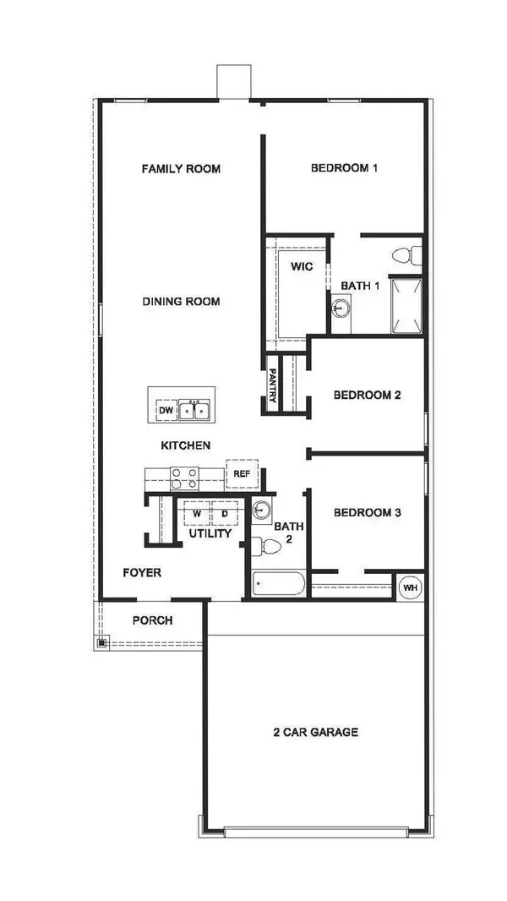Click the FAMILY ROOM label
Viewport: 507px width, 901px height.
click(180, 168)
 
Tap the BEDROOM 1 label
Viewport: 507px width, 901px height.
click(344, 167)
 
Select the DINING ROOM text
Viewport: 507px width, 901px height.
click(181, 301)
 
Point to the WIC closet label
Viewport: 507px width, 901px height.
click(302, 266)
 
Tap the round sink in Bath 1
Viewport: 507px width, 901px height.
click(340, 309)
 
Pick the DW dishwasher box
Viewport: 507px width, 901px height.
click(165, 411)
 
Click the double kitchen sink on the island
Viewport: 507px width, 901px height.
click(196, 411)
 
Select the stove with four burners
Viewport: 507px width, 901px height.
click(184, 478)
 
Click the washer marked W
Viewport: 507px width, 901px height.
click(196, 513)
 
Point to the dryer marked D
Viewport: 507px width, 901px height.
click(224, 513)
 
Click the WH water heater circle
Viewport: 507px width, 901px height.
click(409, 587)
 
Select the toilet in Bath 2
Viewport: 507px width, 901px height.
click(269, 547)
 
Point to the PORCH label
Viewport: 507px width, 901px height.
click(152, 620)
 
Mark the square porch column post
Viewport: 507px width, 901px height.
click(101, 643)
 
